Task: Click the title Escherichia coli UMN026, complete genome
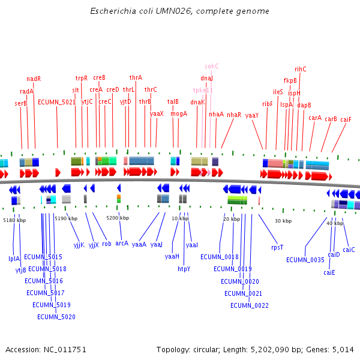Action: pos(179,11)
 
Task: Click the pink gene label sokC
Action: pos(212,66)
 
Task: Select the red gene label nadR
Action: pos(34,79)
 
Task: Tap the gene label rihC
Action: pos(300,69)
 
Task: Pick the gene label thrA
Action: pos(136,77)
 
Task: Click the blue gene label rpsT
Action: pos(277,247)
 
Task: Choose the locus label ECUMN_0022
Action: pos(250,305)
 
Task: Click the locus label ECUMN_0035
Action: pos(305,260)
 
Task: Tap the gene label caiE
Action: pos(329,272)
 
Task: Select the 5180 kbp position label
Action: pos(14,220)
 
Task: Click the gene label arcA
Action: pos(122,244)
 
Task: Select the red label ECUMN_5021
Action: pos(57,102)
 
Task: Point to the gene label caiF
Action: pos(346,119)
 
